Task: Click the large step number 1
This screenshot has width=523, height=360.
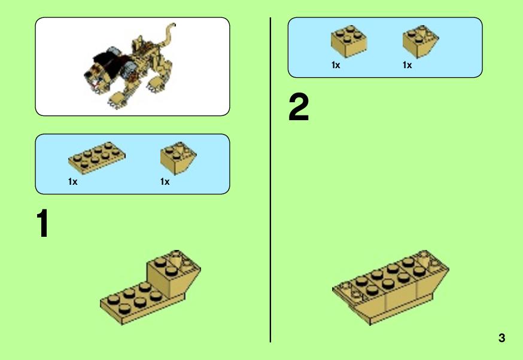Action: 42,223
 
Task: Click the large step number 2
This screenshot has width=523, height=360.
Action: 299,107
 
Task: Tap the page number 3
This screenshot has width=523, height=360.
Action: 501,338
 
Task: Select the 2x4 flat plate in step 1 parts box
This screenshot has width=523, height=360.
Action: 97,158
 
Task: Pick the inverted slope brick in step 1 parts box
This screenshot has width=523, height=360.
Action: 178,158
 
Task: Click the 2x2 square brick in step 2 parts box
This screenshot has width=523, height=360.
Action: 349,41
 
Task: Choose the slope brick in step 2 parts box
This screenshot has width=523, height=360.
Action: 421,41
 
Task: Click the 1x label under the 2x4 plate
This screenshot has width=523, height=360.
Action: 73,182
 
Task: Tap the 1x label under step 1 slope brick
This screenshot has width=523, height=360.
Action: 165,182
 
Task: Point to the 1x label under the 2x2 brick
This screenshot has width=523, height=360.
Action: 336,65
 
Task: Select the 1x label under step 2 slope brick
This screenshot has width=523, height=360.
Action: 408,65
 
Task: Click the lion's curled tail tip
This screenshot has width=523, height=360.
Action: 173,25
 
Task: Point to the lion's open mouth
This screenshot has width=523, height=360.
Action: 95,83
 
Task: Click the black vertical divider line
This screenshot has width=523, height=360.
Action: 270,180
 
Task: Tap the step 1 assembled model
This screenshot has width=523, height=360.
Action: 150,287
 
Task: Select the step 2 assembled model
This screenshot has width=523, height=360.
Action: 391,287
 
